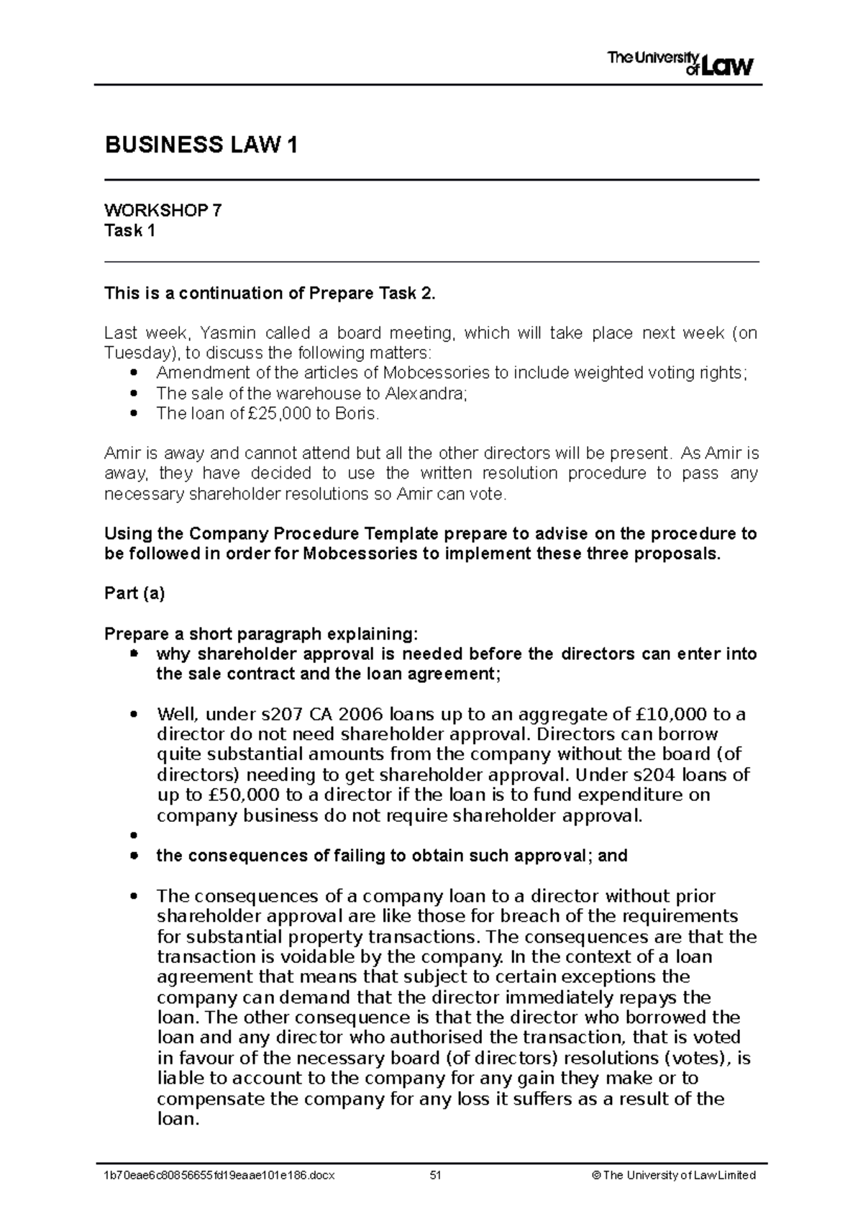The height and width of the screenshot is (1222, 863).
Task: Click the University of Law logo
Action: (680, 63)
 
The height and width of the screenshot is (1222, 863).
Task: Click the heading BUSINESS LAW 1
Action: (201, 145)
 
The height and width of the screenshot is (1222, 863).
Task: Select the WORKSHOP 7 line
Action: (163, 210)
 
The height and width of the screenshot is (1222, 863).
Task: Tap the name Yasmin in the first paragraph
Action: (225, 332)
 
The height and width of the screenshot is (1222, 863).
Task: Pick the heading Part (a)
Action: (134, 594)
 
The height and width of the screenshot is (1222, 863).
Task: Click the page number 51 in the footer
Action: (434, 1175)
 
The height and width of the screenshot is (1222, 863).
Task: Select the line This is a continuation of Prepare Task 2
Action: (270, 293)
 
